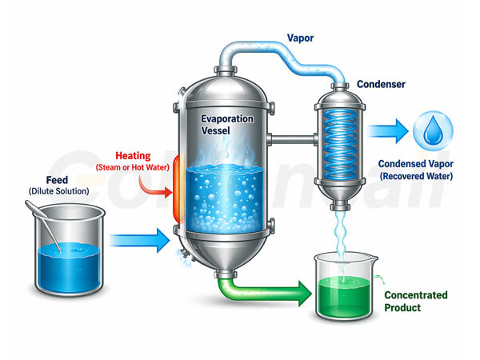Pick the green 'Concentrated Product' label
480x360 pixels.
[x=414, y=301]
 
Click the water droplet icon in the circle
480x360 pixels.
[x=432, y=130]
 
